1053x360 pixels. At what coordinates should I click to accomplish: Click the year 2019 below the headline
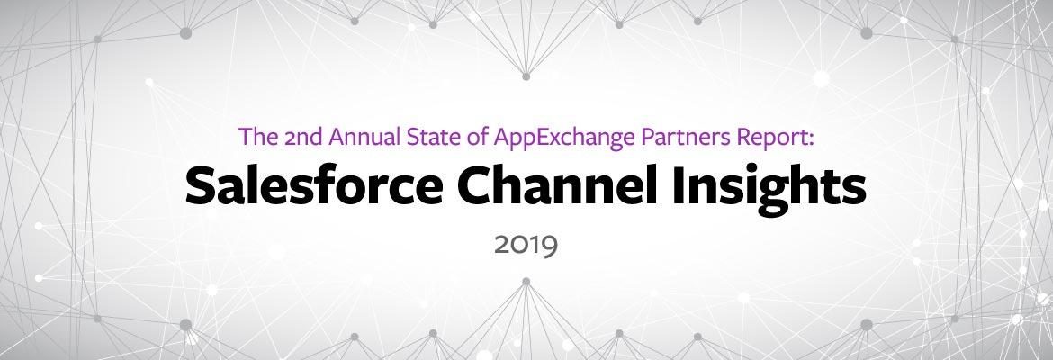(x=526, y=246)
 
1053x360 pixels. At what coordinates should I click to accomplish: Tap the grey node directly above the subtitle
(x=526, y=76)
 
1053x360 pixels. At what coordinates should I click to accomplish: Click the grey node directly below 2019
(x=526, y=282)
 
